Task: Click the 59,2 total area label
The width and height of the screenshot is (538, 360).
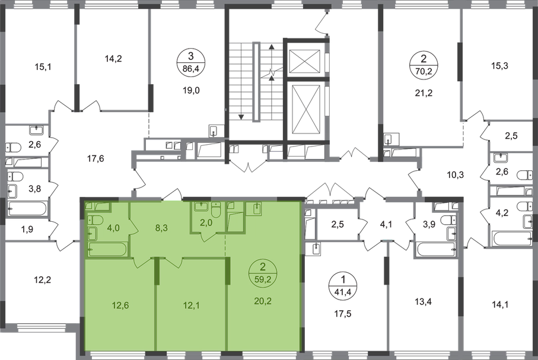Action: [263, 279]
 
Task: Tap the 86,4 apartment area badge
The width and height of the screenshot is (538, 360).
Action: [191, 62]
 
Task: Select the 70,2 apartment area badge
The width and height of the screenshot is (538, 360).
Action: [424, 65]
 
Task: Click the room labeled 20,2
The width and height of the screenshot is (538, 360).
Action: [263, 301]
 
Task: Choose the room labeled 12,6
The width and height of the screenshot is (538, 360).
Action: [120, 305]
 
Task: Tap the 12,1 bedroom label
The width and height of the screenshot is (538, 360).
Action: [192, 305]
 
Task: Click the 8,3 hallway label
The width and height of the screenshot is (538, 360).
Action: [161, 228]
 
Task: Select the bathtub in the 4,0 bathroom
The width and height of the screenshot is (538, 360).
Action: [107, 250]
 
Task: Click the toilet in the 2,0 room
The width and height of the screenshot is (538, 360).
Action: [216, 210]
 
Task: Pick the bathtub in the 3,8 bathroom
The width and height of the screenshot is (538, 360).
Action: [27, 208]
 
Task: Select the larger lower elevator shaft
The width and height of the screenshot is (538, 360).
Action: [305, 109]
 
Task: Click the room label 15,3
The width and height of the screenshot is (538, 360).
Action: [499, 65]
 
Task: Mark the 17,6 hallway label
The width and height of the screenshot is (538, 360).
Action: [95, 159]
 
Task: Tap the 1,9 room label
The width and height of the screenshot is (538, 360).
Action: [27, 229]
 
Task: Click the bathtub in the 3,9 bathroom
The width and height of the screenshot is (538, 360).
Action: [437, 250]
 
